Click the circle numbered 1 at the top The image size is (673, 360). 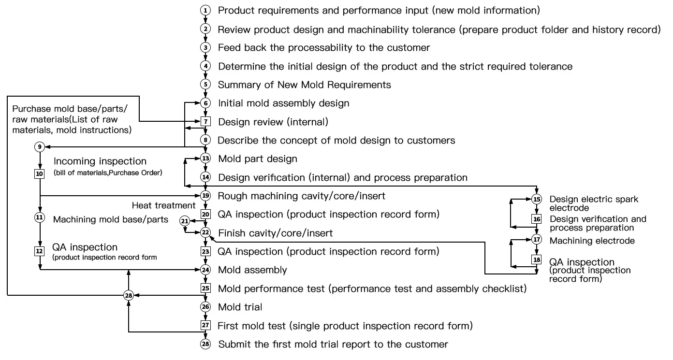[206, 10]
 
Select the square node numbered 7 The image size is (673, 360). [206, 122]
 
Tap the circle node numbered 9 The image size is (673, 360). [40, 146]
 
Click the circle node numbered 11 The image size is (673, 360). [40, 217]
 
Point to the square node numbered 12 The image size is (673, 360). [40, 251]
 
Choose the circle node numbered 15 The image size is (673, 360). [537, 200]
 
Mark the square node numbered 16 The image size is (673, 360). [537, 219]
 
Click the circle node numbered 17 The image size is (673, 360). [537, 240]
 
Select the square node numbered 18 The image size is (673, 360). [537, 260]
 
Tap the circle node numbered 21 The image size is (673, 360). [184, 221]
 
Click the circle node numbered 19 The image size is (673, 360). [206, 196]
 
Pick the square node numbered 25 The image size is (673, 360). [206, 288]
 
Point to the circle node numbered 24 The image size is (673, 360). [206, 270]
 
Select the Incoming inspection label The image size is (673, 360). [100, 161]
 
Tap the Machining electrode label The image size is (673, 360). [592, 241]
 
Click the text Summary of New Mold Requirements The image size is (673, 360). [304, 85]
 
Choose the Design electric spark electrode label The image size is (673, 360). [594, 203]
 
